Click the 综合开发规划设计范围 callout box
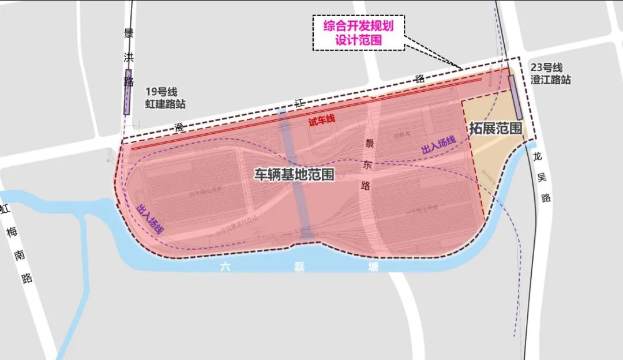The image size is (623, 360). coord(358,33)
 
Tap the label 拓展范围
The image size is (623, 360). coord(496,128)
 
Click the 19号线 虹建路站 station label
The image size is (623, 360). coord(165,98)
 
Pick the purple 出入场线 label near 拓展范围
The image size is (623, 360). coord(438,145)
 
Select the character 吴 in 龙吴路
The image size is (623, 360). coord(546,177)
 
